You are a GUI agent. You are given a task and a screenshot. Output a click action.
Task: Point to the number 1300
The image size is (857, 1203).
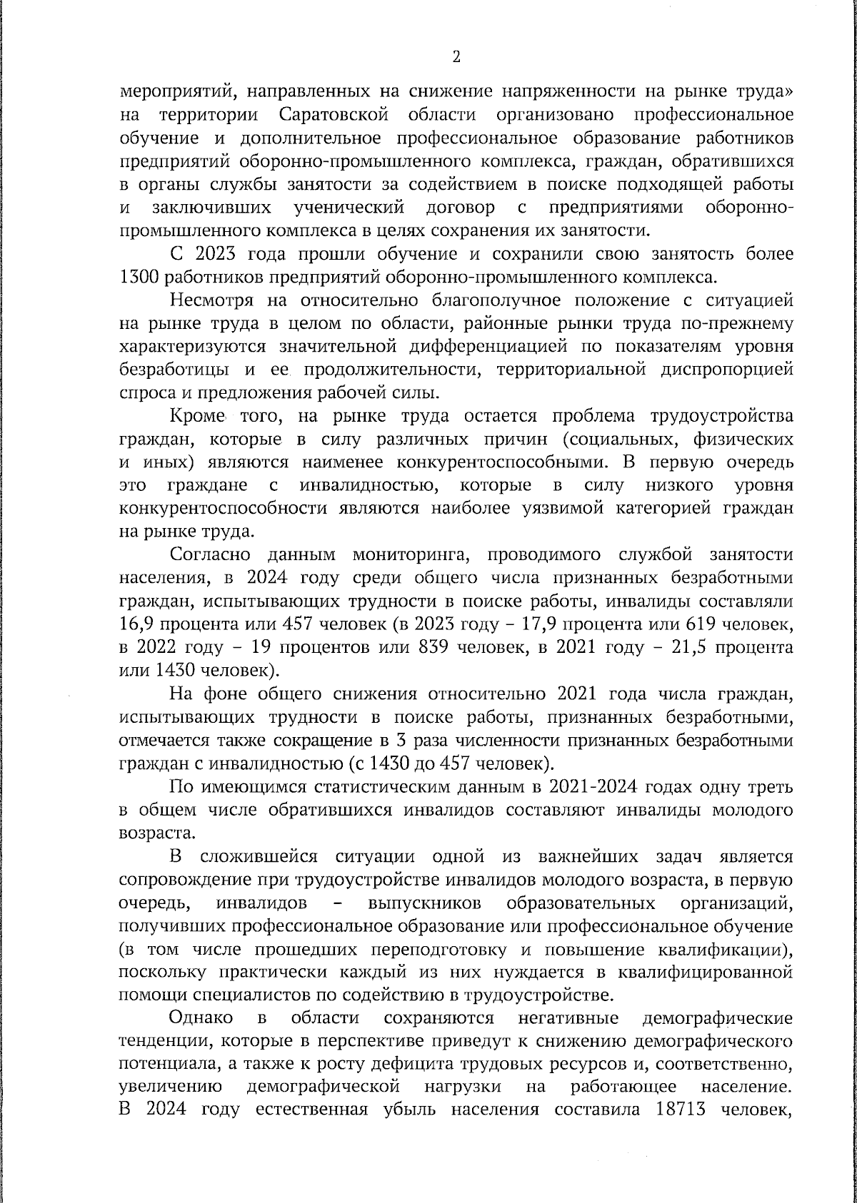point(138,277)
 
